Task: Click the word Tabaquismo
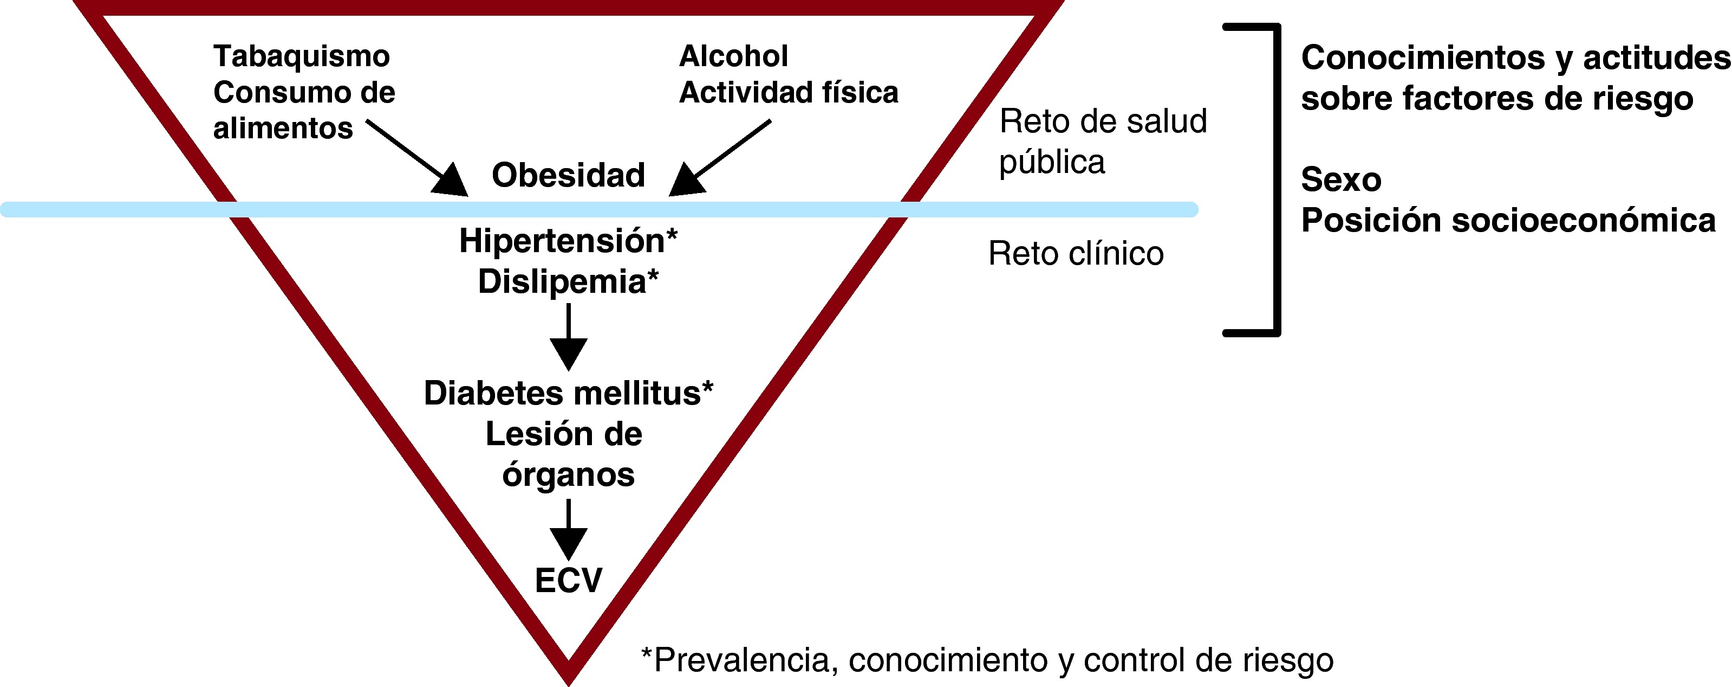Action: tap(301, 56)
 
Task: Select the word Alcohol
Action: tap(733, 56)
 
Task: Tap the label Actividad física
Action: tap(788, 93)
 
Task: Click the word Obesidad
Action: tap(568, 176)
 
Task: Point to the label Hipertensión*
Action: tap(568, 241)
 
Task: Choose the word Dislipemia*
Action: tap(568, 281)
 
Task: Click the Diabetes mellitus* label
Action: tap(568, 394)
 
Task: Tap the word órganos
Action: tap(568, 475)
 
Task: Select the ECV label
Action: tap(568, 580)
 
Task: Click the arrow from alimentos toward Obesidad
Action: tap(417, 159)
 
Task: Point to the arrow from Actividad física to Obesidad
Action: tap(719, 159)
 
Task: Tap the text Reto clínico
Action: tap(1076, 254)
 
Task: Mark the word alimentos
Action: tap(283, 129)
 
